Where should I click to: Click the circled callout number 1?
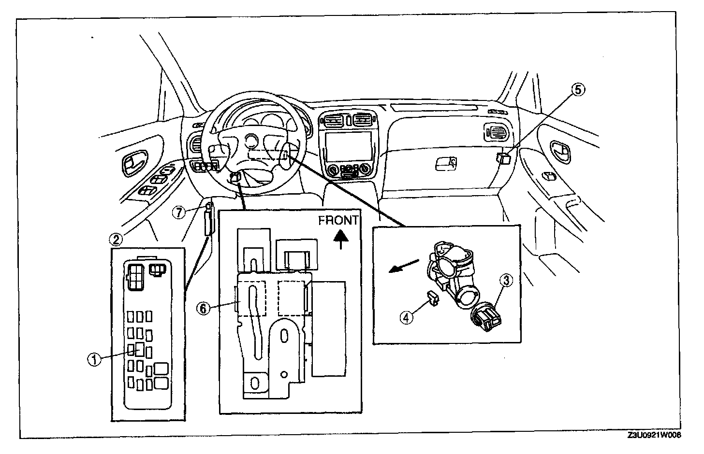94,358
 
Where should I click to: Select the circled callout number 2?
115,238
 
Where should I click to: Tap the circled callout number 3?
506,280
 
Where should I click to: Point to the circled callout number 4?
407,317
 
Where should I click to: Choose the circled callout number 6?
204,308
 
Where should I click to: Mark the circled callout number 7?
180,212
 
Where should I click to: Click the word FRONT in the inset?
338,221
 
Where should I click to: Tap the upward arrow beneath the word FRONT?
341,238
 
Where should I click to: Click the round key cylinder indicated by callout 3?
485,318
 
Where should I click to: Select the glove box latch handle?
446,163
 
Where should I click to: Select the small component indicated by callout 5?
503,158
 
